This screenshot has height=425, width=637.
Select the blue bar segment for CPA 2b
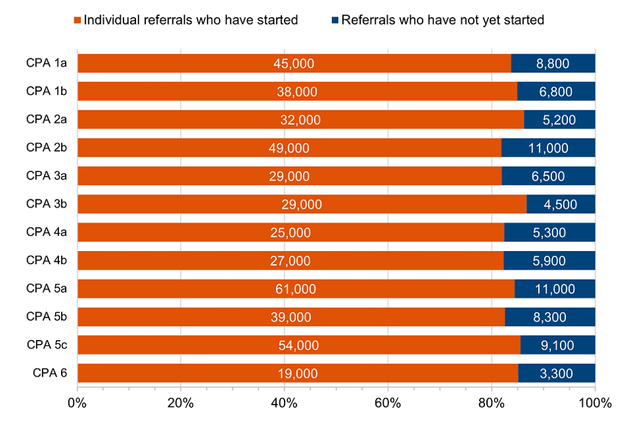pyautogui.click(x=548, y=148)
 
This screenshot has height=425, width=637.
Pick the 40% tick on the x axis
pyautogui.click(x=284, y=402)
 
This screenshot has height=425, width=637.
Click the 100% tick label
pyautogui.click(x=595, y=402)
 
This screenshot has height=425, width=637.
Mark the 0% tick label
pyautogui.click(x=78, y=402)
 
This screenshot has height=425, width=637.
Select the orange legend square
pyautogui.click(x=78, y=20)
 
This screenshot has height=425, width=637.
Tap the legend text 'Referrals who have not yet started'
pyautogui.click(x=443, y=20)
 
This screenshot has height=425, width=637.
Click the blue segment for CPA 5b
pyautogui.click(x=550, y=317)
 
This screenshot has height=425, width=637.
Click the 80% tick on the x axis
pyautogui.click(x=492, y=402)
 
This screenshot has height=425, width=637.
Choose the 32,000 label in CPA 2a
pyautogui.click(x=300, y=120)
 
